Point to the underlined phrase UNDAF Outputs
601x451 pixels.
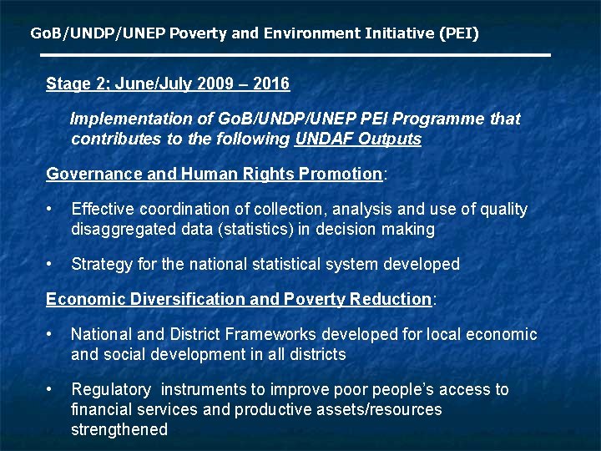[358, 139]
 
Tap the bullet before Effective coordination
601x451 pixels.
[52, 209]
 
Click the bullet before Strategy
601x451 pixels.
[52, 264]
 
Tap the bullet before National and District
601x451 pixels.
[52, 334]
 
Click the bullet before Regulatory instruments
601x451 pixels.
[52, 389]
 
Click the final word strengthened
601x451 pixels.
[119, 429]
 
